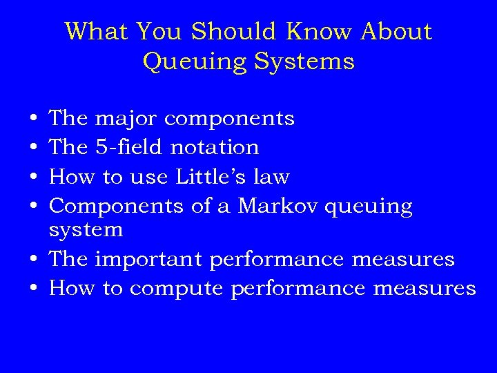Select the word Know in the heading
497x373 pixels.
pos(318,32)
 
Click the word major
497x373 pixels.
pos(126,119)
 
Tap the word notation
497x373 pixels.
pos(215,148)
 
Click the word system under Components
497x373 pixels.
pos(86,230)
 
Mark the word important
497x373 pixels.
pos(148,260)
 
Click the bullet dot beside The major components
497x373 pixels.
pos(34,119)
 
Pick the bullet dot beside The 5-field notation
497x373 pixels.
pos(34,148)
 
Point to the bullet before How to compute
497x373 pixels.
pos(34,289)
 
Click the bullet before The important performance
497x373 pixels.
pos(34,260)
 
